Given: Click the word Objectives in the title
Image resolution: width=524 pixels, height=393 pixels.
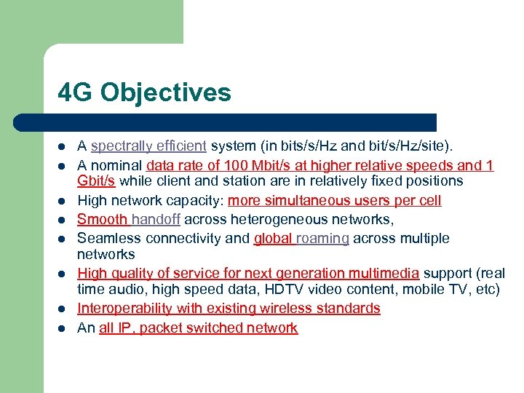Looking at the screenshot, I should point(166,92).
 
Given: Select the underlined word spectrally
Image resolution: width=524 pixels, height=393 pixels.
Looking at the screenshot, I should point(116,146).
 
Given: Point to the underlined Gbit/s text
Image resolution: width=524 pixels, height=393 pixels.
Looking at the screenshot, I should point(96,180).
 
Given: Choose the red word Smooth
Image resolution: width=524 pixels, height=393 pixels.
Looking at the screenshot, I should point(103,219).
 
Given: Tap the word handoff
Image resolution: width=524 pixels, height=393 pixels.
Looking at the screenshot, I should point(156,219).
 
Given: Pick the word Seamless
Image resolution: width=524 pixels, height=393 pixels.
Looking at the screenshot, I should point(109,238).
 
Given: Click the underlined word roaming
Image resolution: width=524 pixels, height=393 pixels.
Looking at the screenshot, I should point(322,238).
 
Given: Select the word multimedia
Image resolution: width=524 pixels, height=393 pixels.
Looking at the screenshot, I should point(383,273).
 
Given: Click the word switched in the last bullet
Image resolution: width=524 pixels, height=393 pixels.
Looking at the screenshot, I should point(218,327).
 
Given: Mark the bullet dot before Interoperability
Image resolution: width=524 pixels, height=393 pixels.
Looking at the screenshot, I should point(60,309).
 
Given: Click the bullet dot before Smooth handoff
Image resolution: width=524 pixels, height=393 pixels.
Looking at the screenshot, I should point(60,220).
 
